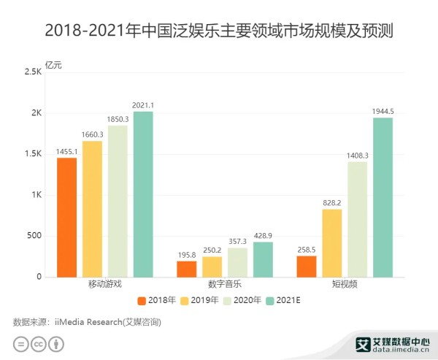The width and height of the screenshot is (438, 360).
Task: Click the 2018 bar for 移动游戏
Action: click(x=66, y=218)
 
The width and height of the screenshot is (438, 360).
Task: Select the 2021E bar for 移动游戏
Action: click(x=143, y=194)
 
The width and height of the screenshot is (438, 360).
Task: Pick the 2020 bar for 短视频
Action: click(x=357, y=219)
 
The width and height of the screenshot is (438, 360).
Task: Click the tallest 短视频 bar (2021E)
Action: click(x=383, y=197)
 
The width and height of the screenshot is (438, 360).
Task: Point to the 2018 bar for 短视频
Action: click(x=307, y=267)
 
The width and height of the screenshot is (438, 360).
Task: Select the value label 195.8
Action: click(x=186, y=254)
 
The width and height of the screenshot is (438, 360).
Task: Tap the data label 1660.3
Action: click(x=92, y=134)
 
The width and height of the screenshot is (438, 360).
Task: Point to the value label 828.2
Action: click(x=332, y=202)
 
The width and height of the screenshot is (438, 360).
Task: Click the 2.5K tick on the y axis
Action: click(x=33, y=72)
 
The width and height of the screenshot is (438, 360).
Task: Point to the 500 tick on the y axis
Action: click(x=34, y=236)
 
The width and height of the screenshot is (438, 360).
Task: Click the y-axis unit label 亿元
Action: click(x=54, y=65)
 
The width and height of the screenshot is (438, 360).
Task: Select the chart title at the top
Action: click(x=219, y=31)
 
